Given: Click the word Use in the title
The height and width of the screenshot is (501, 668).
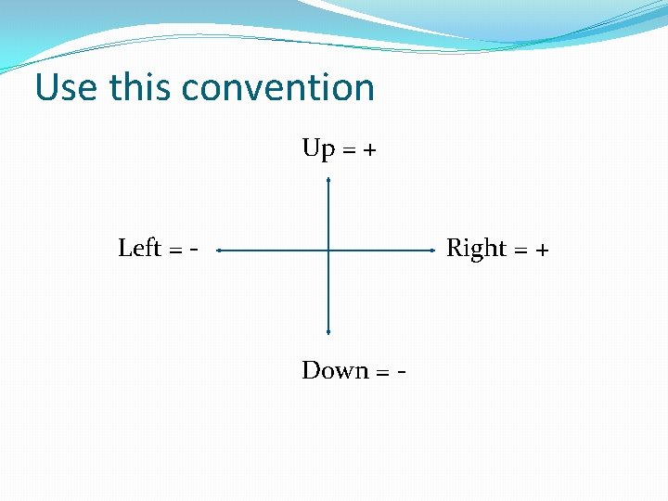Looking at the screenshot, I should [x=67, y=88].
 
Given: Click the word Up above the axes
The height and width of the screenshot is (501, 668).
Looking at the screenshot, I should [x=318, y=149].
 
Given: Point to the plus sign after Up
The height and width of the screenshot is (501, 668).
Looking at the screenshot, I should [x=369, y=150].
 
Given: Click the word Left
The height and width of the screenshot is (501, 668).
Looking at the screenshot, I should [x=139, y=249].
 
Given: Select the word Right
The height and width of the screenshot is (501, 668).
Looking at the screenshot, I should [x=476, y=249].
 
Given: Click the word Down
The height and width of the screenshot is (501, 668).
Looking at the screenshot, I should [x=335, y=371].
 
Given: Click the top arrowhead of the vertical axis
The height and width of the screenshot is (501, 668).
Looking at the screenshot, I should [x=328, y=182].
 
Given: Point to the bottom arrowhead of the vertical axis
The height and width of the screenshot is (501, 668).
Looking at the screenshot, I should [x=328, y=330].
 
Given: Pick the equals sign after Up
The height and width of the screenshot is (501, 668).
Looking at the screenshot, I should [x=349, y=150].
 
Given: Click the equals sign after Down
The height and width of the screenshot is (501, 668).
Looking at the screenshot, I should [x=382, y=372].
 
